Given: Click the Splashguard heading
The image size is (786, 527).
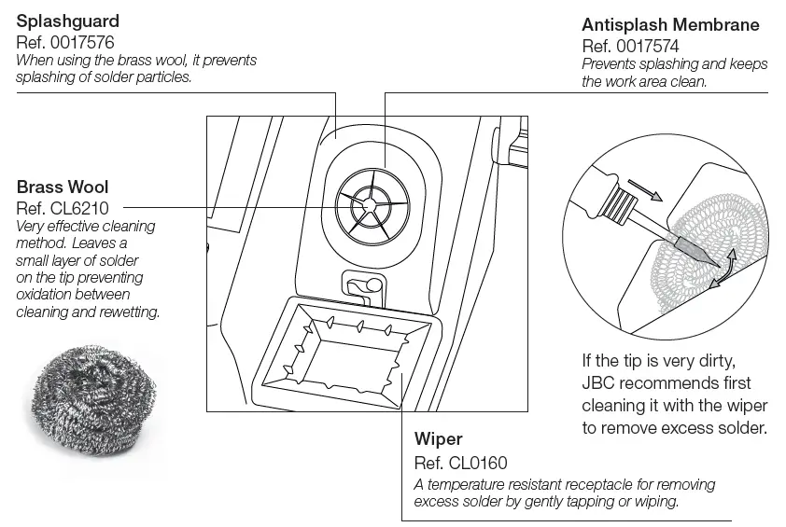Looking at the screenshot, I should pyautogui.click(x=68, y=21).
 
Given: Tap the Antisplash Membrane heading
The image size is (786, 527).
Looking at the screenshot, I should pyautogui.click(x=669, y=24).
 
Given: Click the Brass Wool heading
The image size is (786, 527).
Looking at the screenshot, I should pyautogui.click(x=63, y=187).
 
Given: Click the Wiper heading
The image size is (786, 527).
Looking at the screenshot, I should pyautogui.click(x=438, y=438).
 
